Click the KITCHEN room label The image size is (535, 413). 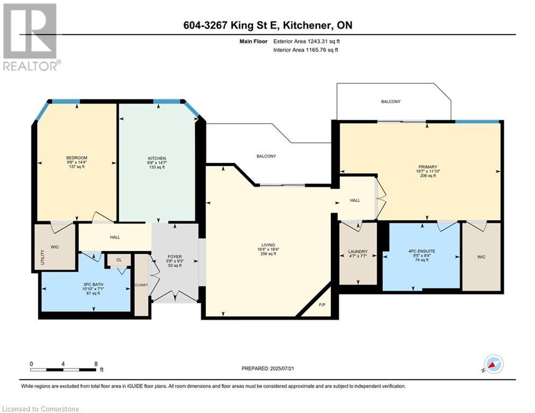click(157, 159)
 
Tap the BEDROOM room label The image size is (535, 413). click(77, 158)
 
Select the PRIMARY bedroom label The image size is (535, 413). click(428, 167)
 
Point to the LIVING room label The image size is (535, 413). click(268, 245)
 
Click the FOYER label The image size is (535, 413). click(175, 257)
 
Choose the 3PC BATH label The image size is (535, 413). click(93, 284)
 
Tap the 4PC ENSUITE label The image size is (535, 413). click(422, 251)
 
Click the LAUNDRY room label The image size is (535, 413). click(358, 252)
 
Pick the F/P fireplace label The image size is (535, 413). click(322, 305)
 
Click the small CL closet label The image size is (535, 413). click(119, 260)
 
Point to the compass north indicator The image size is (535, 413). click(493, 365)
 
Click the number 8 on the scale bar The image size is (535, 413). click(96, 364)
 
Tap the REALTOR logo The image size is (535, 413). click(31, 37)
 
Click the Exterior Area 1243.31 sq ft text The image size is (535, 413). click(306, 41)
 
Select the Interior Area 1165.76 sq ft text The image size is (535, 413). click(306, 50)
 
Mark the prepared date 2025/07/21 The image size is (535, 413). click(282, 368)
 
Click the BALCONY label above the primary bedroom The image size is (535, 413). click(391, 102)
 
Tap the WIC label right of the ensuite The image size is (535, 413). click(481, 257)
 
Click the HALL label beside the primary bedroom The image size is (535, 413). click(355, 201)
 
